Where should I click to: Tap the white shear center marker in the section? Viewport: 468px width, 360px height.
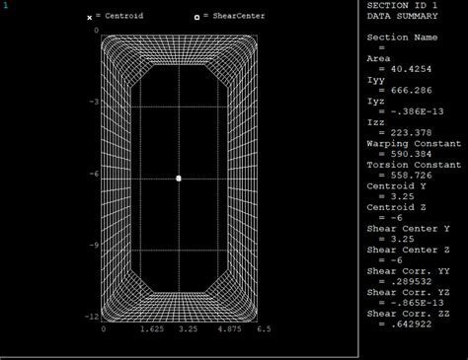(179, 179)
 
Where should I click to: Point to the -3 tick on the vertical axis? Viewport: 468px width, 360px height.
(92, 103)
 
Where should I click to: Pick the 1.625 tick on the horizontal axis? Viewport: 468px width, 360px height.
(141, 329)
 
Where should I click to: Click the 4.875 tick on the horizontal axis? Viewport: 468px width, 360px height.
(217, 329)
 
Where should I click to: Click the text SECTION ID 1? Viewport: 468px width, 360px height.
(406, 5)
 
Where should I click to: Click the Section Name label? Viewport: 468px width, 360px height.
(402, 37)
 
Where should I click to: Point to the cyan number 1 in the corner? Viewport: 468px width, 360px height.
(5, 5)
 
